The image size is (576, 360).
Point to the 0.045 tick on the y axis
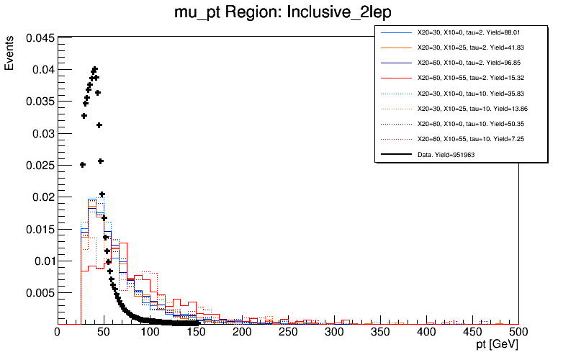tap(39, 38)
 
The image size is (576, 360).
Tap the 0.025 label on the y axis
tap(39, 166)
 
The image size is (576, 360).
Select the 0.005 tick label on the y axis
tap(39, 293)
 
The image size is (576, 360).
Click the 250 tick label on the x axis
tap(288, 332)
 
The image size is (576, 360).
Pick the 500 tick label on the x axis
tap(518, 332)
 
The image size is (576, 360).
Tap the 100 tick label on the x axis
tap(150, 332)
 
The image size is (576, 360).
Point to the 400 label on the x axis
tap(426, 332)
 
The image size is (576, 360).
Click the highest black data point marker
tap(95, 69)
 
